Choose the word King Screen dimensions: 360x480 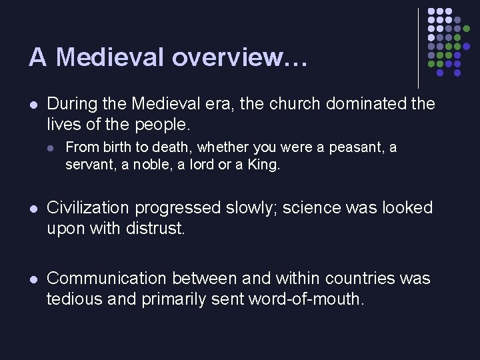[x=264, y=165]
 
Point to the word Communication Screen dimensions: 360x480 [x=108, y=278]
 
